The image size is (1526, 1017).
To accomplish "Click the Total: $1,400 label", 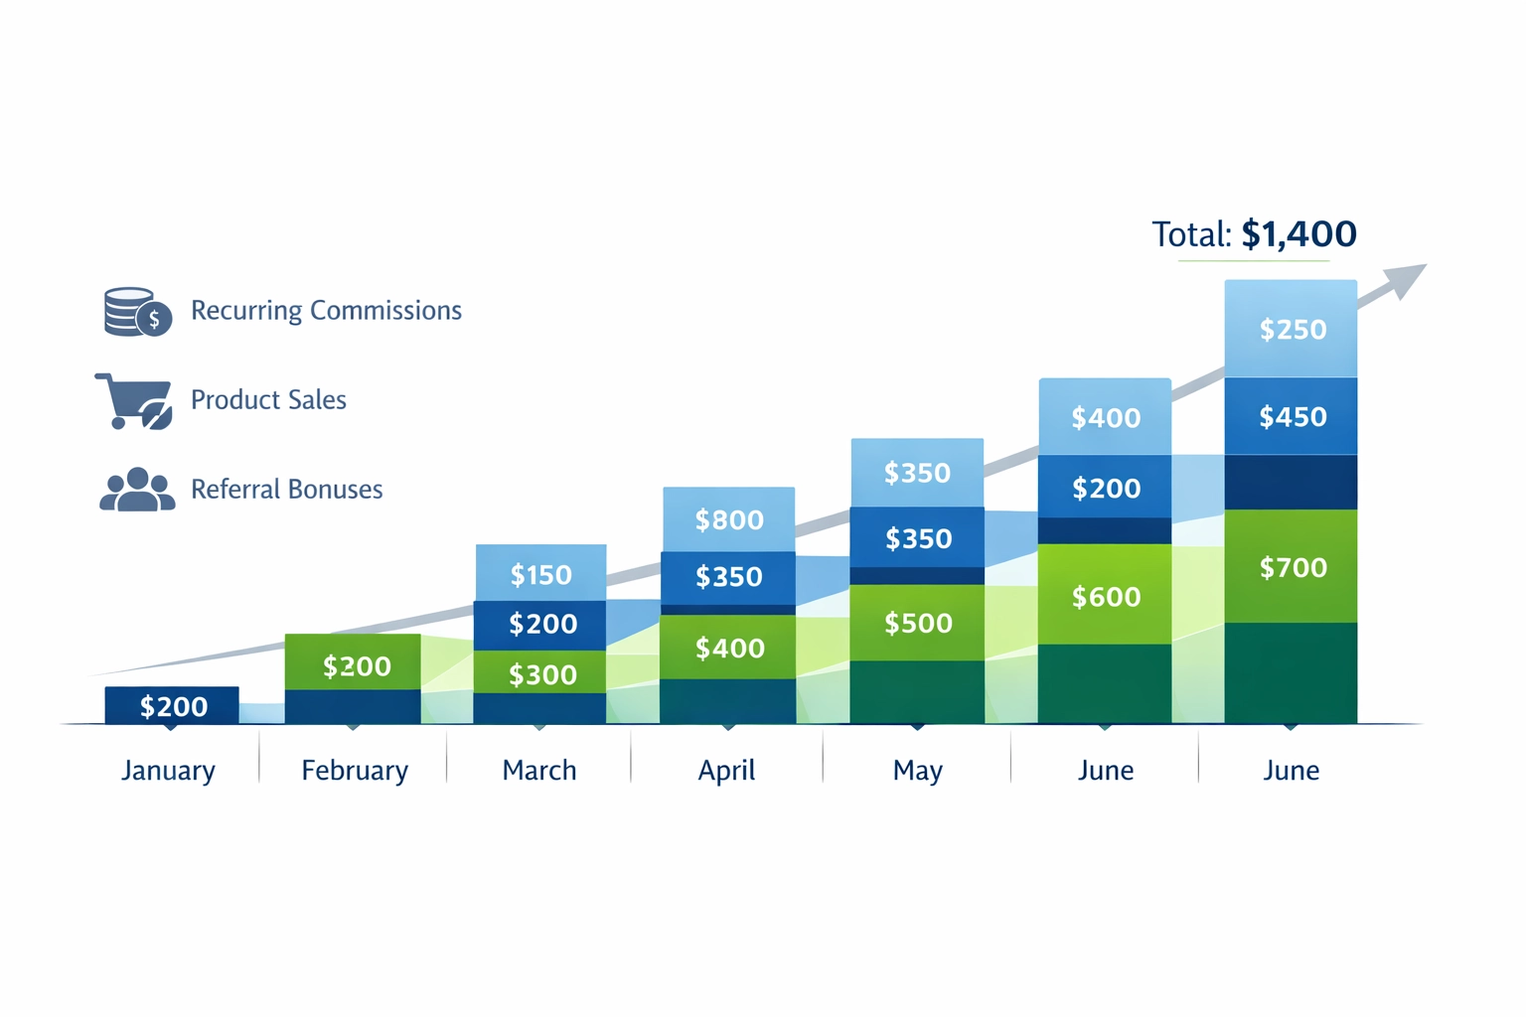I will pyautogui.click(x=1254, y=234).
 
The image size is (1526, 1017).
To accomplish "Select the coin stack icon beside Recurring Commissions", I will pyautogui.click(x=137, y=312).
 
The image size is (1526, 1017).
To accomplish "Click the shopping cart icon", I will pyautogui.click(x=134, y=401).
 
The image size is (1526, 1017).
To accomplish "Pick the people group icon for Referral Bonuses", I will pyautogui.click(x=137, y=490).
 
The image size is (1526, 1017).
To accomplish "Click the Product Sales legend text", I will pyautogui.click(x=268, y=400).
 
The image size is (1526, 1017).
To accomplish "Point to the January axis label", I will pyautogui.click(x=168, y=771).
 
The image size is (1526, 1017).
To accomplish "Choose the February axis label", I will pyautogui.click(x=355, y=771).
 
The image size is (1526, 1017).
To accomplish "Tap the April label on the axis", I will pyautogui.click(x=726, y=771).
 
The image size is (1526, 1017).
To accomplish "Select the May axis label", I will pyautogui.click(x=917, y=771).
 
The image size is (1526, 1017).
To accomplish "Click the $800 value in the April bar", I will pyautogui.click(x=729, y=520).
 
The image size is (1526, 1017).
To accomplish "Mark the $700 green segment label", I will pyautogui.click(x=1293, y=568).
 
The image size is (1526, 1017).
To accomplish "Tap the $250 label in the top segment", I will pyautogui.click(x=1293, y=330).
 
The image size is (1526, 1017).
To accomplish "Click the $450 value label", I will pyautogui.click(x=1293, y=417).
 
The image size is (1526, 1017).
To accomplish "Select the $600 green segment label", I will pyautogui.click(x=1106, y=597).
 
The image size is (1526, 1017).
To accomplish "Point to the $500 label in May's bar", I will pyautogui.click(x=918, y=624).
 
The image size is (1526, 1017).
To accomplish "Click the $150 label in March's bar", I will pyautogui.click(x=540, y=575).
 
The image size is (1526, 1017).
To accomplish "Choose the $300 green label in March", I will pyautogui.click(x=542, y=675).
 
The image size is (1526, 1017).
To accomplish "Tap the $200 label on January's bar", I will pyautogui.click(x=174, y=707).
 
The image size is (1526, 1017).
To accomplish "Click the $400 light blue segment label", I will pyautogui.click(x=1106, y=418).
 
